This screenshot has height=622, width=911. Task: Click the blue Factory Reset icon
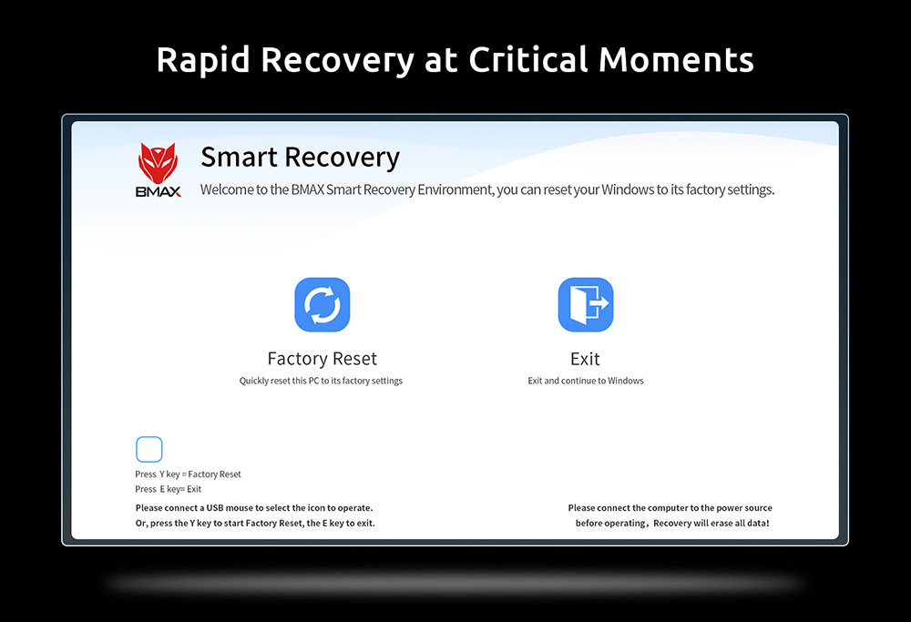(322, 305)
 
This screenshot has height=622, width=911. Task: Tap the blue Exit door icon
(586, 305)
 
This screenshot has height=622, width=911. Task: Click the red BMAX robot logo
(158, 163)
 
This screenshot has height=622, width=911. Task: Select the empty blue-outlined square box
(148, 450)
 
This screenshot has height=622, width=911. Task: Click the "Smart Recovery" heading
(301, 158)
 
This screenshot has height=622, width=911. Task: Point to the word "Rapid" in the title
(203, 60)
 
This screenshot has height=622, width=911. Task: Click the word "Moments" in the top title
(676, 60)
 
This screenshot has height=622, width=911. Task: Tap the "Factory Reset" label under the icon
(322, 359)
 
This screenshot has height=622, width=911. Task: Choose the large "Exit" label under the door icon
(585, 359)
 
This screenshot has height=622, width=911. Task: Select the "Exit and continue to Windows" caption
(586, 381)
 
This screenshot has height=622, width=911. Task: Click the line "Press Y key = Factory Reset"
(189, 474)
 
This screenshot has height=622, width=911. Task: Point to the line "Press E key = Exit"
(169, 490)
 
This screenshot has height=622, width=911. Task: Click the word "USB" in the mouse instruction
(215, 508)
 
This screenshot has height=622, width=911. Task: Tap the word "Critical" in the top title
(528, 60)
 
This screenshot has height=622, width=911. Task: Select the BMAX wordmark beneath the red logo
(158, 191)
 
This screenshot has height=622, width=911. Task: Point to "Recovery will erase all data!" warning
(711, 524)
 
